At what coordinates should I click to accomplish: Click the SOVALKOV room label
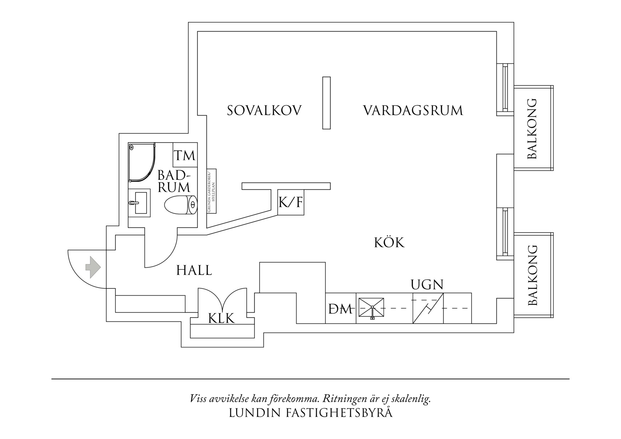[x=264, y=110]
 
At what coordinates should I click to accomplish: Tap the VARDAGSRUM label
[x=413, y=110]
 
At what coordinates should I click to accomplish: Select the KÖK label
[x=389, y=243]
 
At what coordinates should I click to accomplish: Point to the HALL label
[x=194, y=271]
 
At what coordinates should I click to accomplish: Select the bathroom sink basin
[x=139, y=203]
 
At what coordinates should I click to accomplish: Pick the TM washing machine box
[x=184, y=155]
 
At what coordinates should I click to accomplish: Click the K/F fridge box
[x=291, y=203]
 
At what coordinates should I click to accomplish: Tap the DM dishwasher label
[x=340, y=309]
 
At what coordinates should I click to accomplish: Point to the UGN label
[x=427, y=285]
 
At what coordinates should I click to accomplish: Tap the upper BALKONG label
[x=532, y=129]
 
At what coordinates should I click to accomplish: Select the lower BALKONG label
[x=532, y=275]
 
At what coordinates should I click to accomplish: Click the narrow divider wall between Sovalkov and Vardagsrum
[x=326, y=103]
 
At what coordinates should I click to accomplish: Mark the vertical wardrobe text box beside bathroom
[x=211, y=191]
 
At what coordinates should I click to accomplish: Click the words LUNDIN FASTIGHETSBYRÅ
[x=310, y=413]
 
